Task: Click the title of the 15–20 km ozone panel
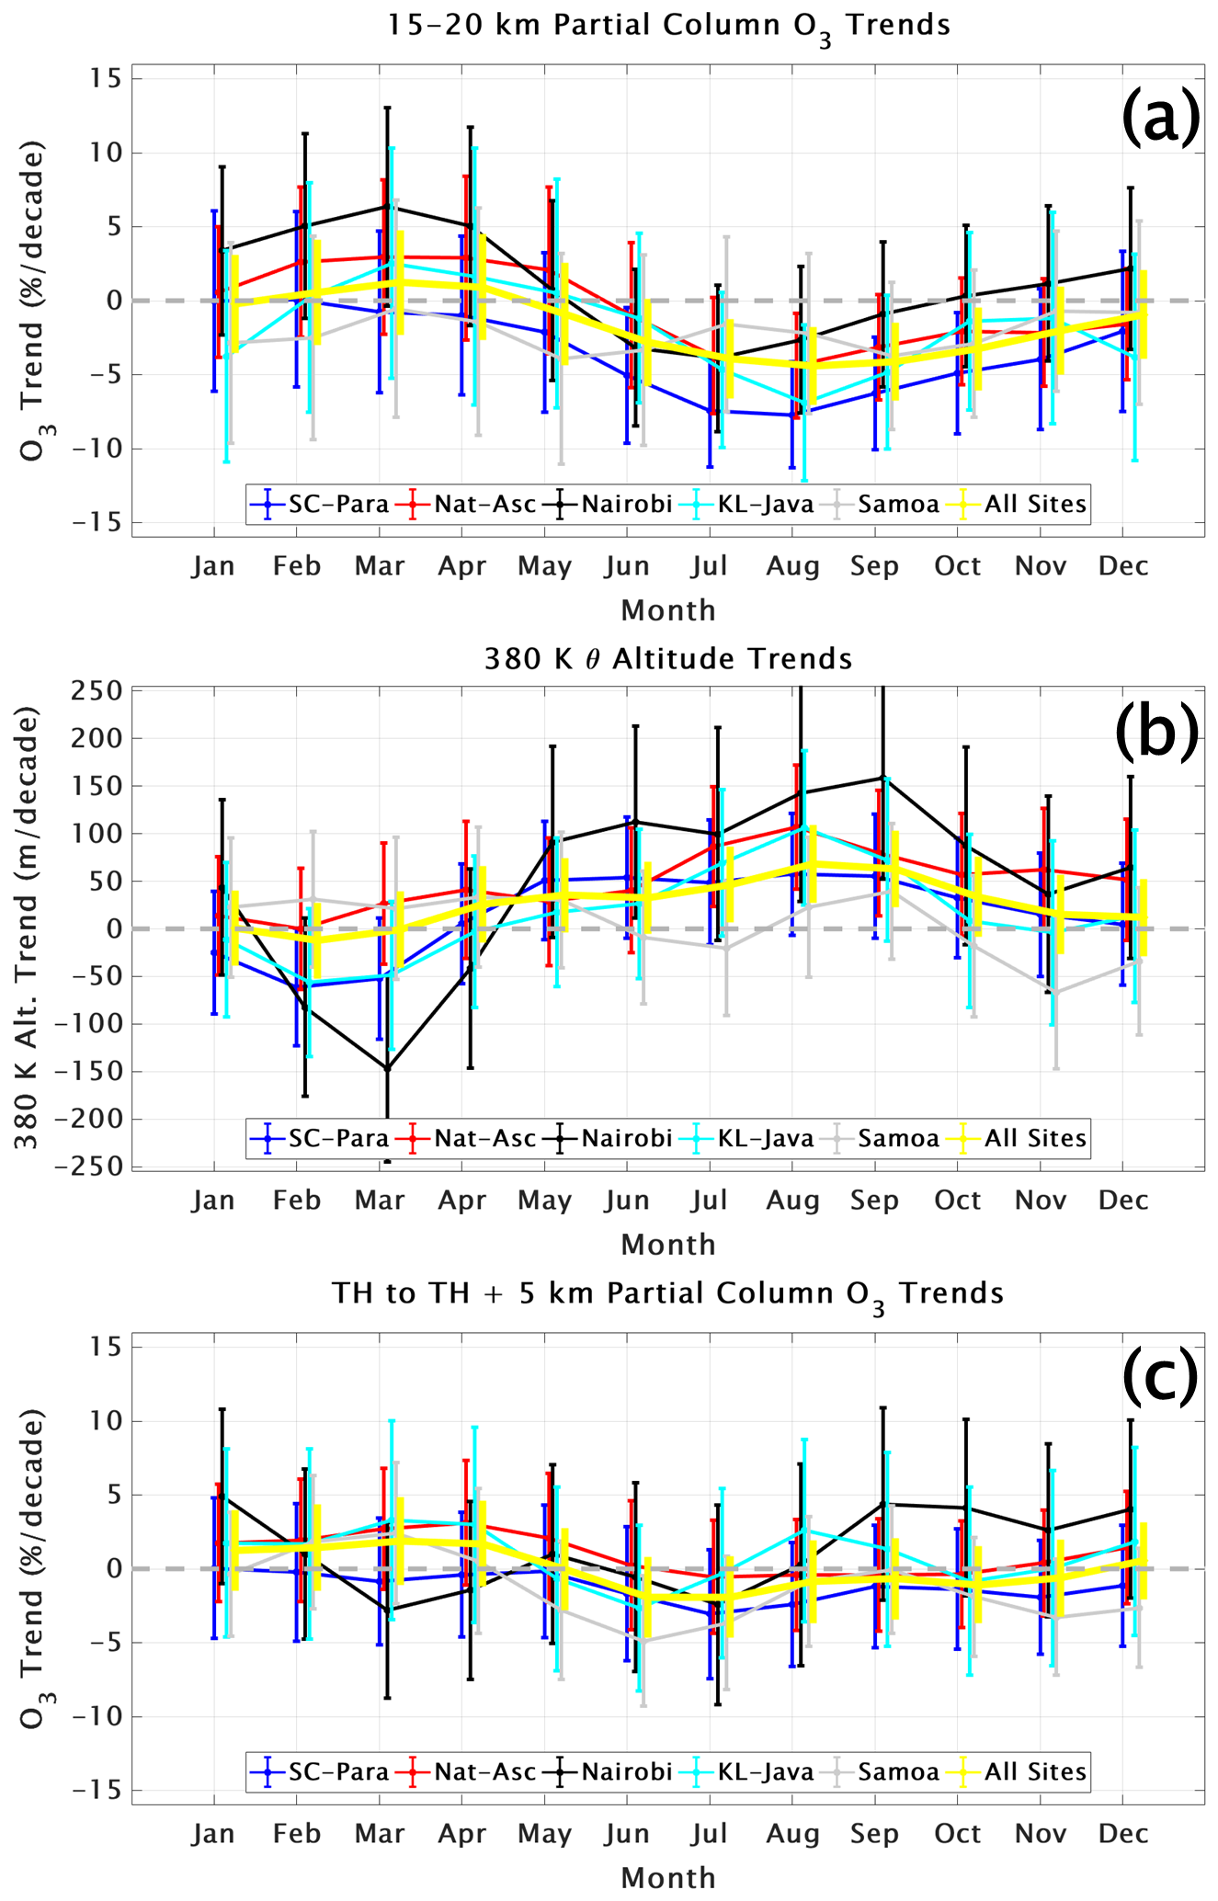coord(667,25)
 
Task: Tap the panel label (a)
coord(1160,118)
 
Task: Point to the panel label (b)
coord(1156,732)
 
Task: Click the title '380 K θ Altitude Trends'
coord(667,659)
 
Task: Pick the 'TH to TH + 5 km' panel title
coord(667,1294)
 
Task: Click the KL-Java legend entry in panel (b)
coord(752,1138)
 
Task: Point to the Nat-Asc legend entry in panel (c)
coord(469,1771)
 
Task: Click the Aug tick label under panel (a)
coord(792,566)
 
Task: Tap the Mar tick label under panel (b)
coord(380,1201)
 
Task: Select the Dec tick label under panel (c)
coord(1123,1834)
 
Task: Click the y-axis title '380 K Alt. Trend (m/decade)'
coord(28,928)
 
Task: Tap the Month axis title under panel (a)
coord(667,610)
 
